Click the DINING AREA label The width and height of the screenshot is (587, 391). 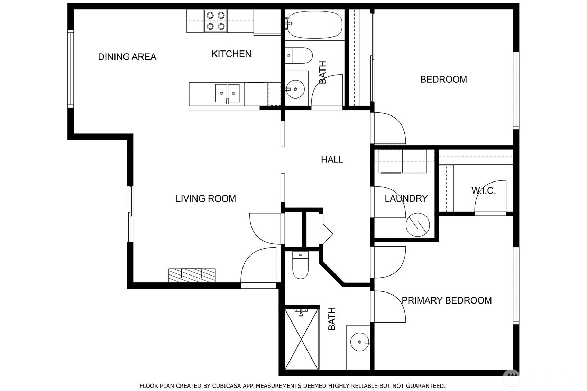127,57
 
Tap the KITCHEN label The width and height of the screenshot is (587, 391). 231,54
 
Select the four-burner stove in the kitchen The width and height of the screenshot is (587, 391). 216,21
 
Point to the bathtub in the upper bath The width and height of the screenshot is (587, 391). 314,25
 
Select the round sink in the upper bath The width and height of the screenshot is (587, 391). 295,89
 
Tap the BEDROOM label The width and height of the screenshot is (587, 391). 443,80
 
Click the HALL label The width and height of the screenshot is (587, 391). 332,160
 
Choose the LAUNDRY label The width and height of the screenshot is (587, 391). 406,198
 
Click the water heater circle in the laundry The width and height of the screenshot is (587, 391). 418,225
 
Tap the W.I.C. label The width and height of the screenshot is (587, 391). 483,190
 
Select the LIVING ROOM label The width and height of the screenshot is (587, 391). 205,199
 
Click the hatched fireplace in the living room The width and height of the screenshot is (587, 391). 192,275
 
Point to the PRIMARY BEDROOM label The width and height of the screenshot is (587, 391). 446,300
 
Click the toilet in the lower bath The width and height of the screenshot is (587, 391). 300,266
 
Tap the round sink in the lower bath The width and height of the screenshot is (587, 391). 359,342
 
